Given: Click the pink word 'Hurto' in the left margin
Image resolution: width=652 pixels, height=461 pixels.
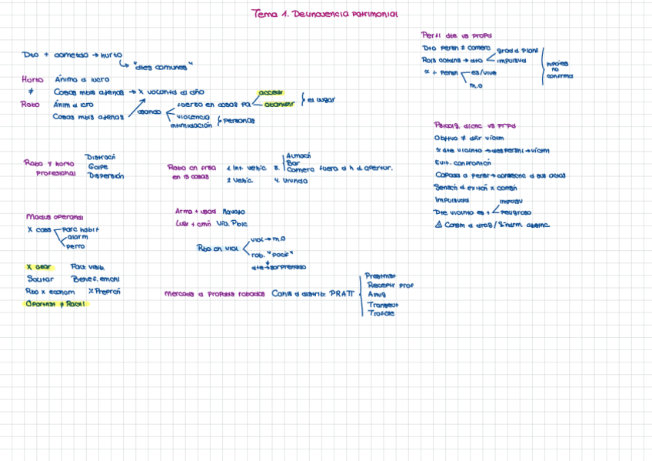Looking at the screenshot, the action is (x=32, y=79).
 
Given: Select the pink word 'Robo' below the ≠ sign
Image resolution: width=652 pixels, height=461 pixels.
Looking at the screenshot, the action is (x=30, y=104).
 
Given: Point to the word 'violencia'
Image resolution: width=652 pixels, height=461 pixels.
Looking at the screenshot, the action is (x=193, y=116).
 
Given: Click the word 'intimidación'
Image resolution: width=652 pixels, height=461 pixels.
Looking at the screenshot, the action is (x=191, y=125).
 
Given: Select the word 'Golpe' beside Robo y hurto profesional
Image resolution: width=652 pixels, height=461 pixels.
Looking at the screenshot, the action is (x=98, y=165).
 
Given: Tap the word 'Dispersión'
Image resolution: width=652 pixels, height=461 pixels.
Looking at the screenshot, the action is (x=106, y=175).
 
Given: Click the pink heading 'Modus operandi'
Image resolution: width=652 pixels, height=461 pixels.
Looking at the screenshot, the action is (x=54, y=217).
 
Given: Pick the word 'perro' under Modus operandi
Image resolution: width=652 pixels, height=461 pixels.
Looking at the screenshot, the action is (x=75, y=246).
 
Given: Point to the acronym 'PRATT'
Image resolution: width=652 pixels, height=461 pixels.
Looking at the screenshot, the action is (x=342, y=293).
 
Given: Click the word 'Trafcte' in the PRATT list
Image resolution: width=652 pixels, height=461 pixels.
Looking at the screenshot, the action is (x=381, y=313).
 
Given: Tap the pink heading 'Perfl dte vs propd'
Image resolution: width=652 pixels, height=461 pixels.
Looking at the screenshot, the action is (x=457, y=35).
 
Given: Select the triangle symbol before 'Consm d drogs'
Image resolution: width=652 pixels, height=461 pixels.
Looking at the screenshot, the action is (x=438, y=225).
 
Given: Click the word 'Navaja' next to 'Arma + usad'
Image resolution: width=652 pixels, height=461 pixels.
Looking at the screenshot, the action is (x=234, y=211).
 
